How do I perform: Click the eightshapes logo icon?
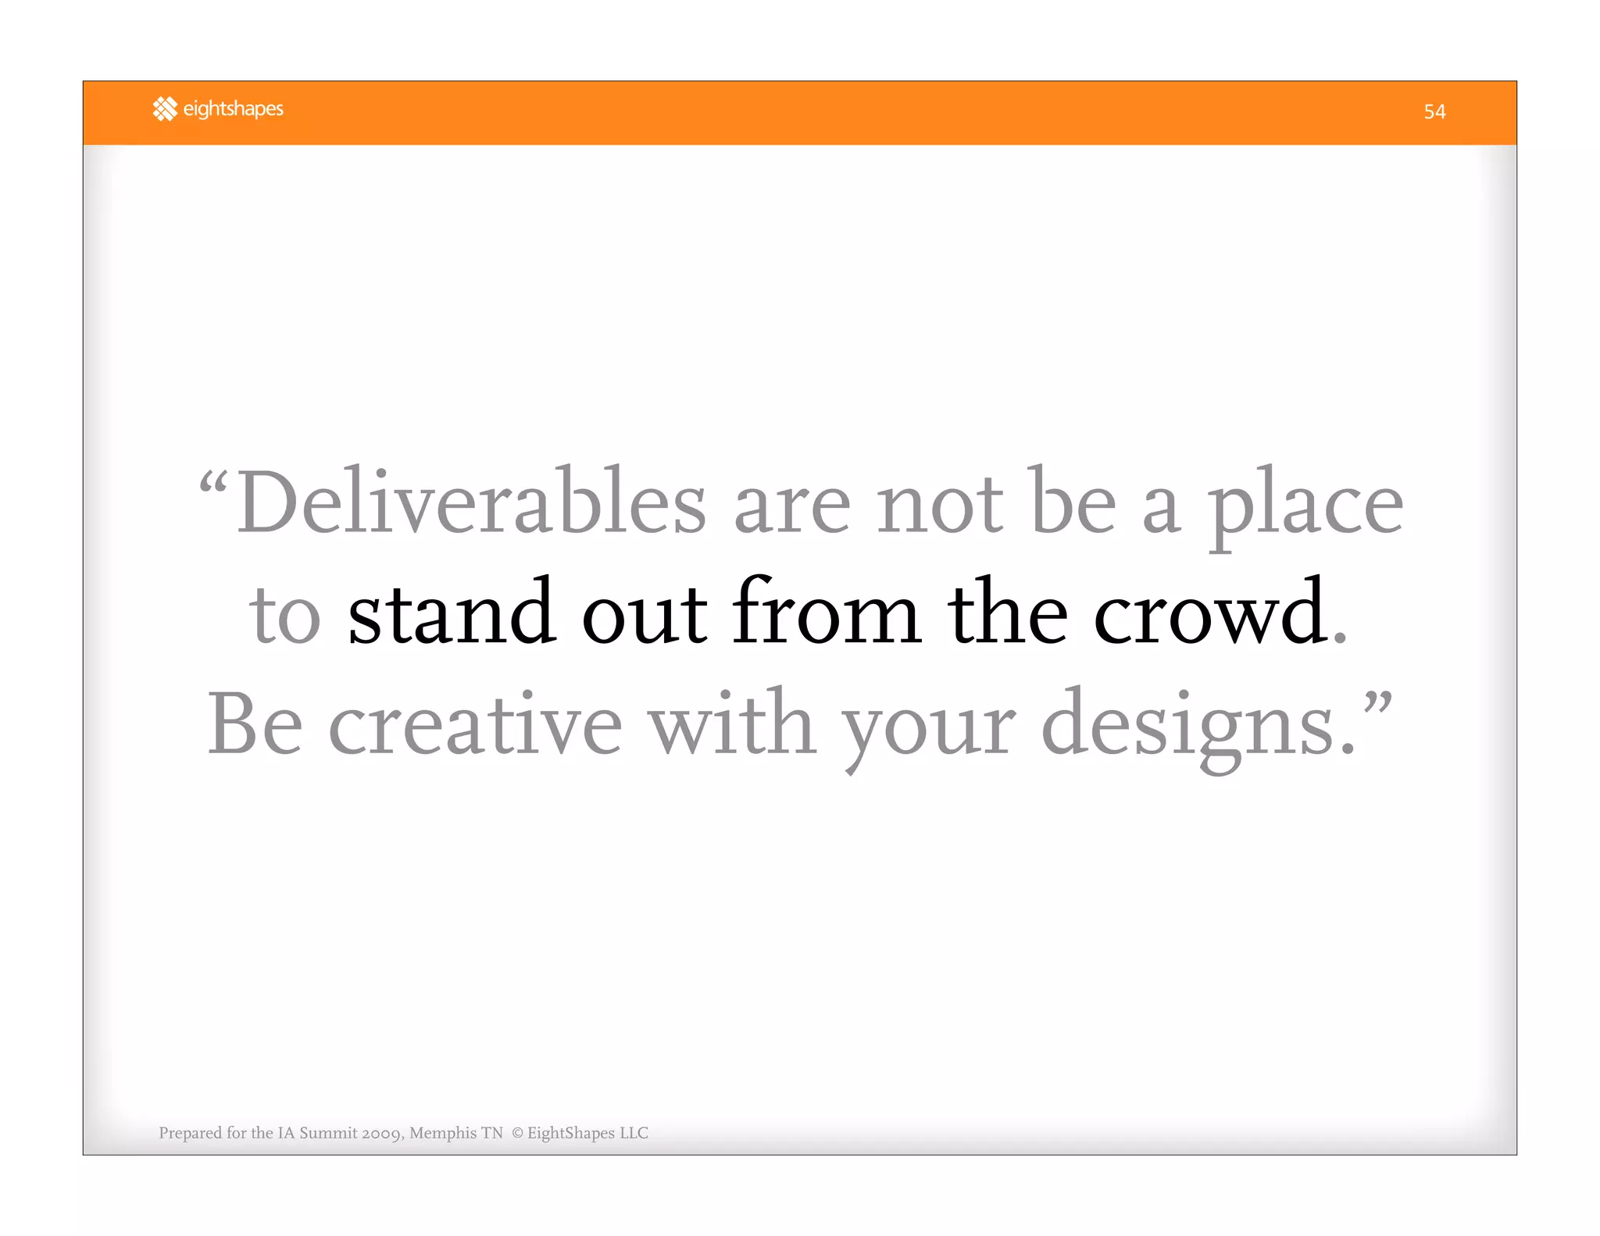pos(165,109)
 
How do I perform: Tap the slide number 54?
pos(1434,112)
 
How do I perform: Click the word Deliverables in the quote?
pos(471,502)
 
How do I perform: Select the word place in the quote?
pos(1305,505)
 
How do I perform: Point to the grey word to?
pos(284,616)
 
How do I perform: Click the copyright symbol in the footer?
pos(517,1133)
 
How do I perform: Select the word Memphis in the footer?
pos(443,1133)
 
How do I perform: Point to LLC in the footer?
pos(634,1133)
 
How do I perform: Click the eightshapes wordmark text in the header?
pos(233,109)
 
